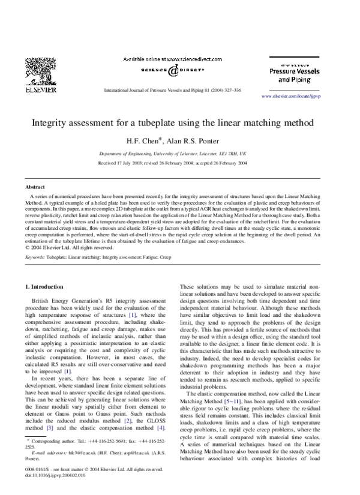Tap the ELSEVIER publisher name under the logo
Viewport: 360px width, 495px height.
point(40,90)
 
